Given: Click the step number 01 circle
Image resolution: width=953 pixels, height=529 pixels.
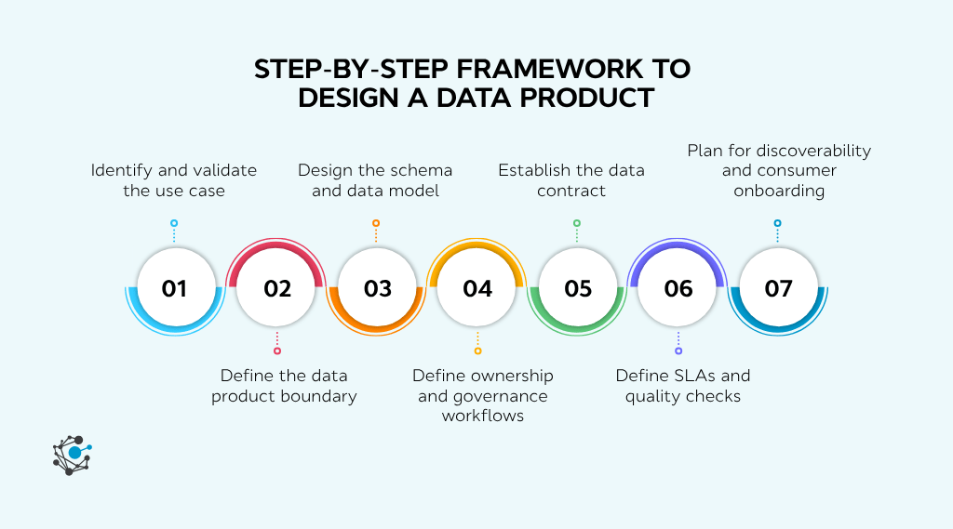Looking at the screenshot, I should [174, 288].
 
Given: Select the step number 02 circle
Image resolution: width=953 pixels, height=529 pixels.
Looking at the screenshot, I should [276, 288].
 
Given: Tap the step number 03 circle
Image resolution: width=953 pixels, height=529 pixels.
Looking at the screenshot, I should [377, 288].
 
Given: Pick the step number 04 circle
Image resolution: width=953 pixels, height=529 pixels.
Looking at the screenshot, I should [477, 288].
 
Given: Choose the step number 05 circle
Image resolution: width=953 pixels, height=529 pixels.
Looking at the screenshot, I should [578, 288].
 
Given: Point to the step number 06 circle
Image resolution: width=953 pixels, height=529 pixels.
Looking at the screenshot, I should [678, 288].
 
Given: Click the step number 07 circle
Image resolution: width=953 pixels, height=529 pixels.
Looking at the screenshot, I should [778, 288].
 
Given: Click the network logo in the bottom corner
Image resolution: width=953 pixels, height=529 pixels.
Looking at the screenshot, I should [72, 455].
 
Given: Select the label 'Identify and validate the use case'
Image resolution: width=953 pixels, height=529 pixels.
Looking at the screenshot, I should [174, 180].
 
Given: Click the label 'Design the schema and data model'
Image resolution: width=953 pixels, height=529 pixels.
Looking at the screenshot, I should [375, 180].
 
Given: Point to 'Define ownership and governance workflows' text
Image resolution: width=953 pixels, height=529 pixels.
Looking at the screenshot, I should [483, 395].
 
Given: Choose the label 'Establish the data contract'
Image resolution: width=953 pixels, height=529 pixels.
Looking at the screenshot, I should [571, 180].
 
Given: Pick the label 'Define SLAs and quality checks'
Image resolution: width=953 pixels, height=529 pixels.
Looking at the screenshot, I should [683, 386].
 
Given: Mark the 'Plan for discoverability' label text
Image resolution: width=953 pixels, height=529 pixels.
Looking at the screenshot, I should [779, 150].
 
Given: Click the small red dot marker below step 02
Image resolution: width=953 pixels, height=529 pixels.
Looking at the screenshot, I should [276, 350].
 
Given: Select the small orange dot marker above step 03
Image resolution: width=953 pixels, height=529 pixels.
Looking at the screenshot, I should [376, 223].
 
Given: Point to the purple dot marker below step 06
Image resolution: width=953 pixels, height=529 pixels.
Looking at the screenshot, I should [678, 350].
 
